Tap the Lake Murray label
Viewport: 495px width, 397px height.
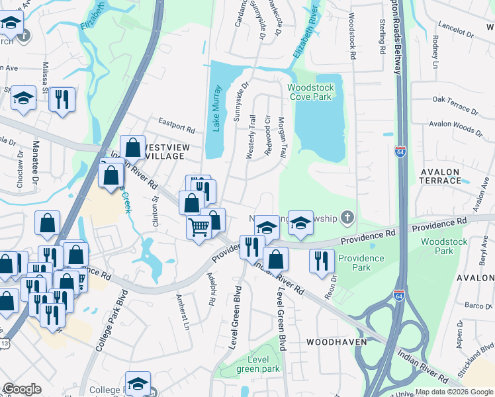click(x=216, y=108)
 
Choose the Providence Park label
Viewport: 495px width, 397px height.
click(x=361, y=262)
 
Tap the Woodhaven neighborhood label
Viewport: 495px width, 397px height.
click(x=332, y=342)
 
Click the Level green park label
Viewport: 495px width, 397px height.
click(x=263, y=364)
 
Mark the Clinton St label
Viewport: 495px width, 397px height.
click(x=157, y=212)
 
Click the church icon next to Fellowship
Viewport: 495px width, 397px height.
click(x=348, y=218)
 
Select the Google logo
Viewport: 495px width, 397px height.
click(x=22, y=389)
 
